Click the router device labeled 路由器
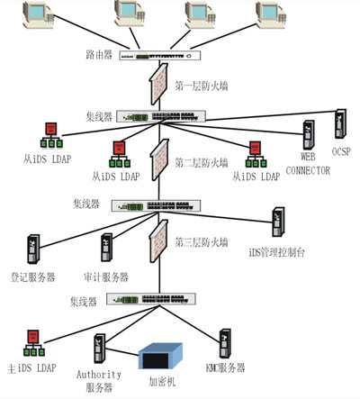[159, 56]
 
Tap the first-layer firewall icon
[159, 84]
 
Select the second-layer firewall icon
[159, 159]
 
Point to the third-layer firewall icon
[159, 240]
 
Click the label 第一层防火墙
[202, 86]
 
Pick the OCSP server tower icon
[340, 123]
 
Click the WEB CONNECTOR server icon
[309, 135]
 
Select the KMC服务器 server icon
[225, 343]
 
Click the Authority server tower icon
[100, 349]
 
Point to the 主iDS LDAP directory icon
[34, 343]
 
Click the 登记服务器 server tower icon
[33, 249]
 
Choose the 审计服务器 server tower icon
[107, 248]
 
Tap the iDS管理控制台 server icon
[278, 222]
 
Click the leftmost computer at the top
[39, 15]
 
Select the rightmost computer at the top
[271, 15]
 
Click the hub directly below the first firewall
[161, 116]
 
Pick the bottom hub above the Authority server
[151, 299]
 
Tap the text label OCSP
[341, 152]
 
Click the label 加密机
[162, 382]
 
